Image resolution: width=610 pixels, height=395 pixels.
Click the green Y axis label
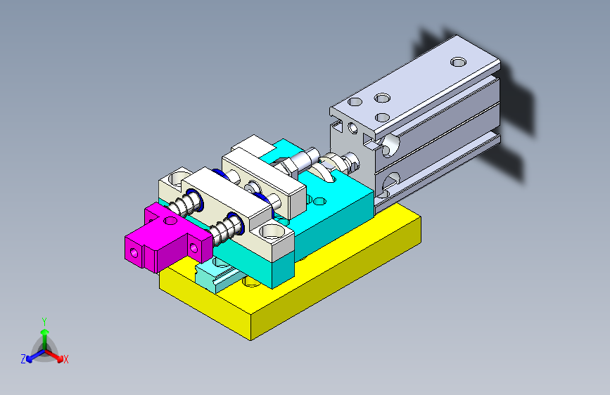[44, 322]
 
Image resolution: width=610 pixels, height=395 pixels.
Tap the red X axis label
[65, 360]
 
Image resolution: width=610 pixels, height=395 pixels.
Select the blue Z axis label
[23, 359]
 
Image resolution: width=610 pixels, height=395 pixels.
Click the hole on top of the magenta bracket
[170, 221]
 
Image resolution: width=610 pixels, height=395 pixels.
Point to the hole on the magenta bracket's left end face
[134, 254]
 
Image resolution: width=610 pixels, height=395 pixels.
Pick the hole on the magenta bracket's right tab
[193, 247]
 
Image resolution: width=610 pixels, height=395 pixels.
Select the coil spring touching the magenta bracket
[226, 229]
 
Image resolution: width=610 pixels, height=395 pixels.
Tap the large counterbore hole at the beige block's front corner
[272, 232]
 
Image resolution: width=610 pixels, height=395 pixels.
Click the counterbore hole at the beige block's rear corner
[177, 178]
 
